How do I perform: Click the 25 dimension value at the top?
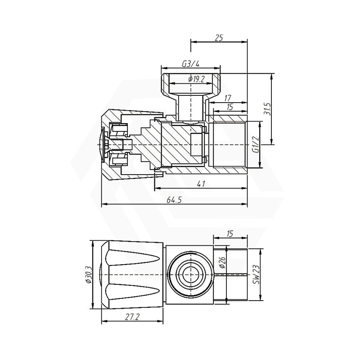(x=219, y=38)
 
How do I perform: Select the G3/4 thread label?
(x=190, y=64)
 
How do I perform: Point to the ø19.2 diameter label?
(x=196, y=79)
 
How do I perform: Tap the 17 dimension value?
(x=227, y=98)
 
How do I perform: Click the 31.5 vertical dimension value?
(x=268, y=109)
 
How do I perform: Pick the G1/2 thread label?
(x=255, y=144)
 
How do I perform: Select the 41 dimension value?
(x=201, y=184)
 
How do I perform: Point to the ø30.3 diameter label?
(x=88, y=274)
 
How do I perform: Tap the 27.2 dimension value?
(x=132, y=317)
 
